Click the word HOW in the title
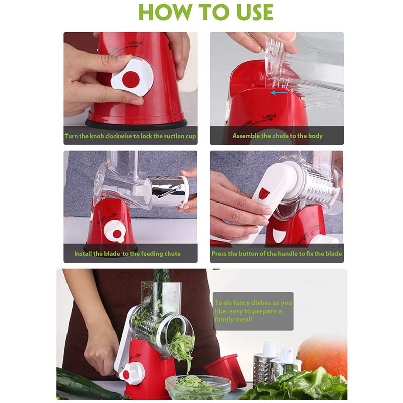point(165,12)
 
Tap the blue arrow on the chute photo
point(279,92)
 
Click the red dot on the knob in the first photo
point(131,79)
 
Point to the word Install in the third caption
point(83,254)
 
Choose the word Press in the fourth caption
point(219,254)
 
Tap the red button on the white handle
point(263,193)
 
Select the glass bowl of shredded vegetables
point(198,387)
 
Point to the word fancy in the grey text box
point(240,303)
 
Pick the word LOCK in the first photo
point(136,43)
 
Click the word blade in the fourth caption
point(333,254)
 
